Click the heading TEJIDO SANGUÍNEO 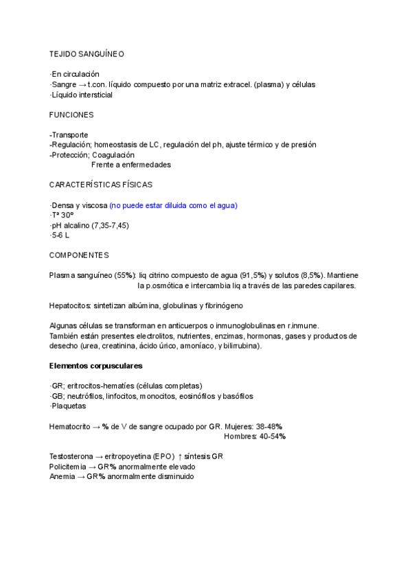[x=87, y=53]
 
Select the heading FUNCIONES [x=71, y=115]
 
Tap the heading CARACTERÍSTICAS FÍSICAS [x=101, y=185]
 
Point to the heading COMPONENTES [x=79, y=255]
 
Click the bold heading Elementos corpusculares [x=96, y=366]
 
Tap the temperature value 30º [x=67, y=216]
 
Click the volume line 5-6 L [x=60, y=235]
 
